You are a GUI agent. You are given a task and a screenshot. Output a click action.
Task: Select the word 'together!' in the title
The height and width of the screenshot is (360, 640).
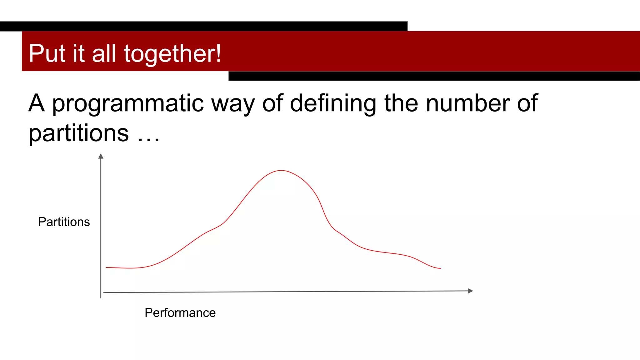(x=172, y=54)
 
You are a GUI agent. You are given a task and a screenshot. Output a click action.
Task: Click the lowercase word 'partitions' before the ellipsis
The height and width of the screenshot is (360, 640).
(x=79, y=133)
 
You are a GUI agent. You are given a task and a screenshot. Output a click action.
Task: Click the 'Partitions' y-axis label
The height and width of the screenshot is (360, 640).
(x=64, y=222)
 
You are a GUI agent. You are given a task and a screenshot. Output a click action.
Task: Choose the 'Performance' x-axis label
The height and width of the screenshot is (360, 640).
(x=180, y=313)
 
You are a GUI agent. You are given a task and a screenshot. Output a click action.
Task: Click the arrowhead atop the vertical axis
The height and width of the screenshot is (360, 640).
(x=101, y=156)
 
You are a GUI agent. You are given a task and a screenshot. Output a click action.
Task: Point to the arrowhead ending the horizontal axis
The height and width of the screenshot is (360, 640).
(x=470, y=291)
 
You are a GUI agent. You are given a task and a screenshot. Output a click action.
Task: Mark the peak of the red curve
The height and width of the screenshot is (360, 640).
(x=281, y=171)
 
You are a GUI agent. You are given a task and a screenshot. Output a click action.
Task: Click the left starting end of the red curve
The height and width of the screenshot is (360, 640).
(x=107, y=267)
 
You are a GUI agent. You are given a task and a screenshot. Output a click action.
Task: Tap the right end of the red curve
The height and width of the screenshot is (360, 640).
(x=440, y=268)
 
